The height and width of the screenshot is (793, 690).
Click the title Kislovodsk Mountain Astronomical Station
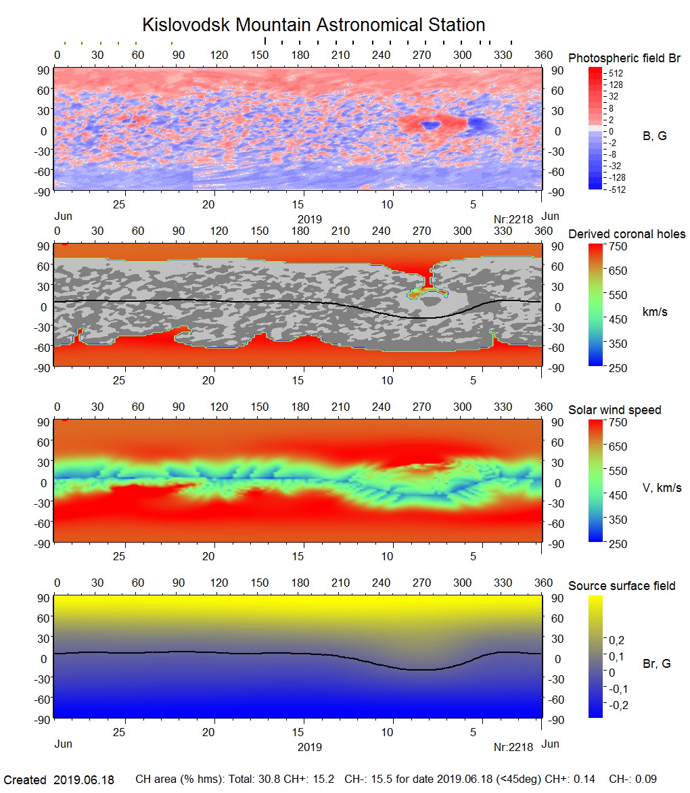(313, 25)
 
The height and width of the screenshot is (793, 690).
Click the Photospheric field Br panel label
(624, 58)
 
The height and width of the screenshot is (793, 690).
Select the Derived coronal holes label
(626, 234)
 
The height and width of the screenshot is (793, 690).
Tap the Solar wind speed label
(614, 410)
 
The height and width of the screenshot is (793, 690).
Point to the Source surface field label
(622, 585)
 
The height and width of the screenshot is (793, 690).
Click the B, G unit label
(654, 136)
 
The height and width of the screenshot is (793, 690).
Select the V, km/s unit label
(661, 488)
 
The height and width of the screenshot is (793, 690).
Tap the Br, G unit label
(656, 664)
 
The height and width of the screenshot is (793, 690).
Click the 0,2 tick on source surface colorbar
(617, 639)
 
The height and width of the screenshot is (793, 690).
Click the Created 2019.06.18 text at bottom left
(60, 780)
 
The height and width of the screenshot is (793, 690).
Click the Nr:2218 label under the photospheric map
(513, 219)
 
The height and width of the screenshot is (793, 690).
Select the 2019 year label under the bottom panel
(309, 748)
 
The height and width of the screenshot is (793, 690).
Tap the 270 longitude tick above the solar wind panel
(422, 407)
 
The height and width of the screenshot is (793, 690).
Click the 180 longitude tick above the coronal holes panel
(300, 231)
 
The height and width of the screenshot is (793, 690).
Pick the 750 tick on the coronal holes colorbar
(619, 246)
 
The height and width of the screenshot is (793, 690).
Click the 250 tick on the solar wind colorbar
(619, 543)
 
